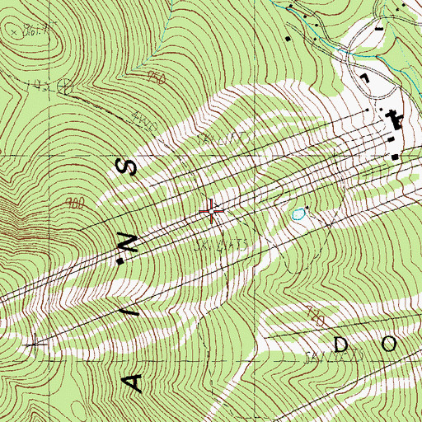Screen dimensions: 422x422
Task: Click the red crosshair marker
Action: click(212, 213)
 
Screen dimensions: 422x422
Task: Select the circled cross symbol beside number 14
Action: click(67, 85)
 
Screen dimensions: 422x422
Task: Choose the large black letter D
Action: click(344, 340)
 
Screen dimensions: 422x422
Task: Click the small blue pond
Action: click(298, 215)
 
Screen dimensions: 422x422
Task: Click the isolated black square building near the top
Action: click(287, 38)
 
